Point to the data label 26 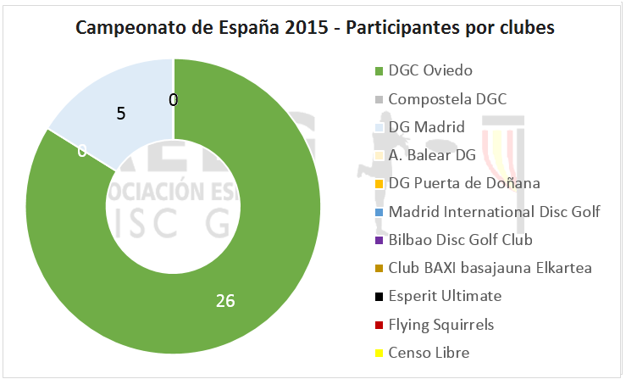(x=224, y=300)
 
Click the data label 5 (x=121, y=112)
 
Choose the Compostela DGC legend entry (x=446, y=98)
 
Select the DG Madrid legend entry (x=426, y=127)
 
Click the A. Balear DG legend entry (x=432, y=155)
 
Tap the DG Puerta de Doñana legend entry (x=463, y=183)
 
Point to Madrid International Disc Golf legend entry (x=493, y=211)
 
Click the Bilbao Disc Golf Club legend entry (x=460, y=240)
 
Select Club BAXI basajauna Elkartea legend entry (x=490, y=268)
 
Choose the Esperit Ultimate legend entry (x=445, y=296)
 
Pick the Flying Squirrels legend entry (x=440, y=324)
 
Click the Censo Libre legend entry (x=428, y=352)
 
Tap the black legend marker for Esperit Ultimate (x=379, y=297)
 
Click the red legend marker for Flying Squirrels (x=379, y=325)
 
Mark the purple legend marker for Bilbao (x=379, y=241)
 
